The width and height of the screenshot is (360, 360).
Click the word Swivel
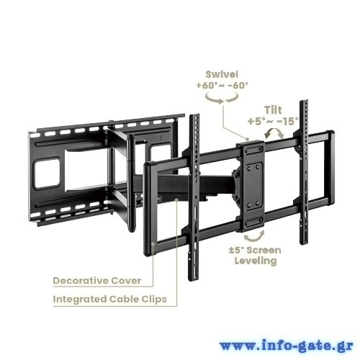coord(222,74)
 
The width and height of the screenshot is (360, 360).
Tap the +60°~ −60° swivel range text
coord(222,86)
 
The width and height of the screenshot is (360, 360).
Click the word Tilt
coord(273,110)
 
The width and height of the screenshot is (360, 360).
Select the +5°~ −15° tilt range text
coord(273,122)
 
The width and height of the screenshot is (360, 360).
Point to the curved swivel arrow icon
coord(222,99)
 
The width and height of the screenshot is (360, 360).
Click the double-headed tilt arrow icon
coord(274,132)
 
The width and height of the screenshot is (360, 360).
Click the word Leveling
coord(256,261)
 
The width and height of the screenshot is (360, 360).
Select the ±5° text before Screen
coord(236,250)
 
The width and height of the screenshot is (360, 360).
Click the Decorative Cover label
coord(97,281)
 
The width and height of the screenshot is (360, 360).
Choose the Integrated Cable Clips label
coord(109,300)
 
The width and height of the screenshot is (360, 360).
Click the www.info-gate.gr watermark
coord(286,346)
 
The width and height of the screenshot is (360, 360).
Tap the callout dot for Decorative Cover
coord(153,243)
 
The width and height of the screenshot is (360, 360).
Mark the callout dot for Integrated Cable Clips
coord(176,199)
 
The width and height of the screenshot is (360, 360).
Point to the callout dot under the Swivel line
coord(247,139)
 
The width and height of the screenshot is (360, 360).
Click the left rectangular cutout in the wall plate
coord(47,173)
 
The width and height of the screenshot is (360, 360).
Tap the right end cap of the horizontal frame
coord(330,168)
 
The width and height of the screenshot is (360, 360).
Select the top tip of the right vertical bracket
coord(304,101)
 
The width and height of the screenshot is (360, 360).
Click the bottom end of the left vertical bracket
coord(194,279)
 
